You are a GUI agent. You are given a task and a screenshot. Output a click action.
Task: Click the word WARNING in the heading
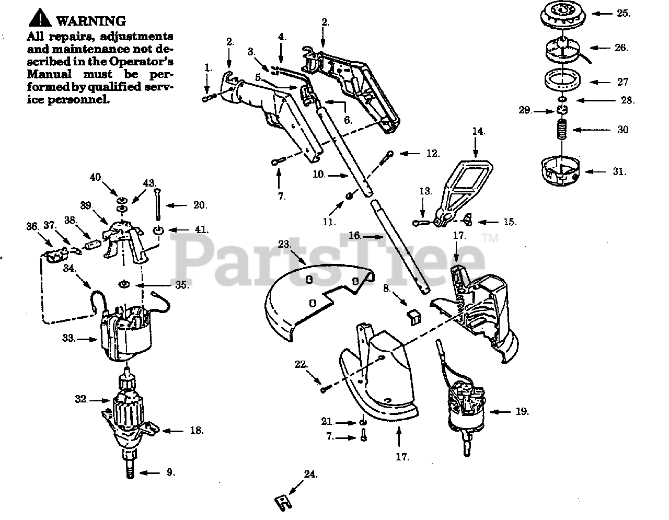coord(90,21)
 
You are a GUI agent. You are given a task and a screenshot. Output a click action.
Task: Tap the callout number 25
coord(623,13)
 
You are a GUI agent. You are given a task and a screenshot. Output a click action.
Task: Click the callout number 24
coord(310,475)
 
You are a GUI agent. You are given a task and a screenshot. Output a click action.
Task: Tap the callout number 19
coord(522,412)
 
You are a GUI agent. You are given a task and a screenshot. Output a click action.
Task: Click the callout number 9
coord(170,472)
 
